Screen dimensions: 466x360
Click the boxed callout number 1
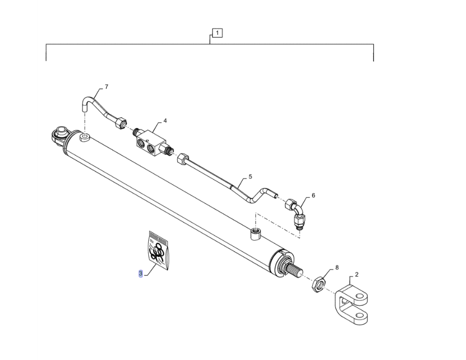pyautogui.click(x=217, y=33)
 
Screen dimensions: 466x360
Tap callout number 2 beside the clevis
pyautogui.click(x=357, y=275)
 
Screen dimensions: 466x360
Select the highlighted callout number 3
pyautogui.click(x=141, y=274)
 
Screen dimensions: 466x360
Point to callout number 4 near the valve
pyautogui.click(x=165, y=121)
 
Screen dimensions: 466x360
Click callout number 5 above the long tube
pyautogui.click(x=250, y=177)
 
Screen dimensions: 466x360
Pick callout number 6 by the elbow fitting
pyautogui.click(x=313, y=196)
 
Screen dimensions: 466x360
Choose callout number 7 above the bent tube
pyautogui.click(x=106, y=87)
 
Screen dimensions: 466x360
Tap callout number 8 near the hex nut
pyautogui.click(x=336, y=267)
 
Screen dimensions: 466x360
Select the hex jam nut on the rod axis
pyautogui.click(x=318, y=284)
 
